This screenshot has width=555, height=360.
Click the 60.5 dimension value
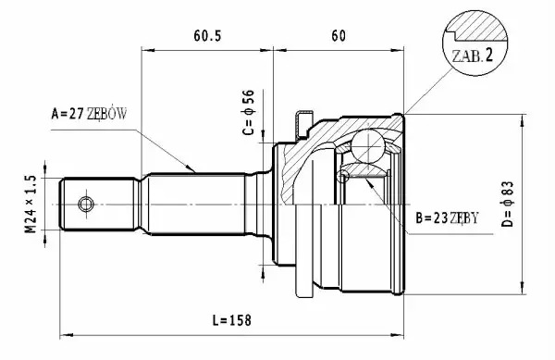207,36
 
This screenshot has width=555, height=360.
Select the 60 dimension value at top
339,36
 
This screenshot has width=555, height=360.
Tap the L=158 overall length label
232,320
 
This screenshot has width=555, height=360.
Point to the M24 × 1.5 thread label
31,204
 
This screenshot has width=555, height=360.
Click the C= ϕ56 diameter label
249,112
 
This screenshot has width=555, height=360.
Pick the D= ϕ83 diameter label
507,204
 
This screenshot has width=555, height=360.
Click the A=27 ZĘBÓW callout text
89,114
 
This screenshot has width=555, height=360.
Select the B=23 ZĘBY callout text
447,218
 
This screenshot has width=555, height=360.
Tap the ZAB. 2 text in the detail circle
472,56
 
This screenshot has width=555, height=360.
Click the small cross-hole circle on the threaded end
86,205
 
